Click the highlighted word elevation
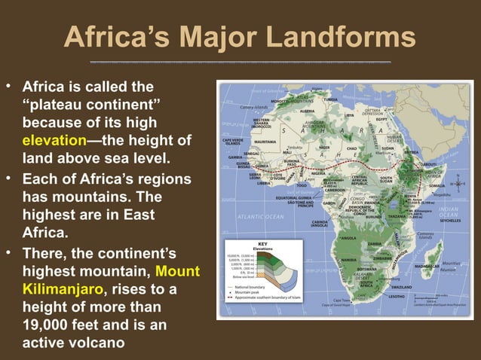pyautogui.click(x=54, y=140)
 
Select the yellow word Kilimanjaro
pyautogui.click(x=56, y=289)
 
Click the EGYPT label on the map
pyautogui.click(x=381, y=119)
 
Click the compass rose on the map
pyautogui.click(x=457, y=181)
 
